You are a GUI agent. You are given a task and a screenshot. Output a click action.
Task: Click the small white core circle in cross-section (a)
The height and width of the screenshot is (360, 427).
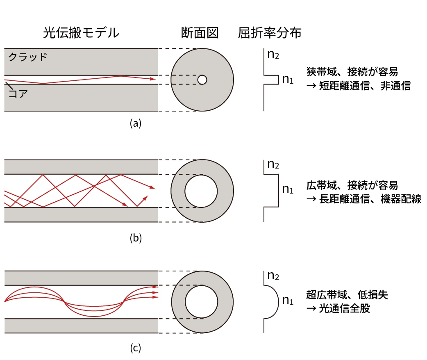coord(202,80)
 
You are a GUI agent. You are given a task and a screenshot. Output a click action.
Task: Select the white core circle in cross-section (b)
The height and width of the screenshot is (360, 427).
coord(201,191)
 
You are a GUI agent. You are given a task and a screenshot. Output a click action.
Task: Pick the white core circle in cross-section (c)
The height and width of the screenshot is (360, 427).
coord(201,302)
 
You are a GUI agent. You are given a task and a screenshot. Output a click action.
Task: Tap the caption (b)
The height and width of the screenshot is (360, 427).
coord(135,238)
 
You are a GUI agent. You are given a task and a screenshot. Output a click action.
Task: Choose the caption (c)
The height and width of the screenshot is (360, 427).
coord(135,349)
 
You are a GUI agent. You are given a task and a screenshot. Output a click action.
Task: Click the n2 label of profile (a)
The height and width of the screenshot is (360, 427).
coord(273,54)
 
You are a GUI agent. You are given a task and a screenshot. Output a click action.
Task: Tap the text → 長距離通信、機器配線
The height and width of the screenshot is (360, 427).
coord(363,200)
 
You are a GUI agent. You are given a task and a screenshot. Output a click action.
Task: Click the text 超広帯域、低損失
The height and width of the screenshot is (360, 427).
coord(347,294)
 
